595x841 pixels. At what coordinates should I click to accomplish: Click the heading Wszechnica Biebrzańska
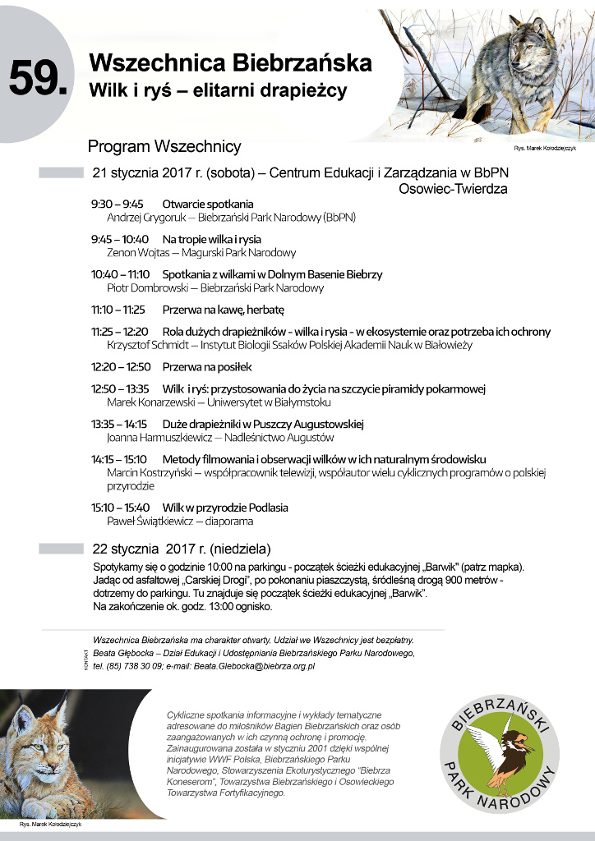point(230,63)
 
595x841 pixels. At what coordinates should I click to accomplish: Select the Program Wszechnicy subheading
point(164,147)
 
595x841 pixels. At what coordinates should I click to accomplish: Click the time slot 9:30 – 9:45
point(117,205)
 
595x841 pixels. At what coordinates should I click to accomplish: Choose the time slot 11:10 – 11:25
point(118,310)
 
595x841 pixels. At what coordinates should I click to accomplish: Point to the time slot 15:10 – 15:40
point(120,508)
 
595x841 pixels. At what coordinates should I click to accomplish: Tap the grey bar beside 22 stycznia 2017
point(61,548)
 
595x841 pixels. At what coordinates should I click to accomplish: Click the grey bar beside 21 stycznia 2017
point(61,172)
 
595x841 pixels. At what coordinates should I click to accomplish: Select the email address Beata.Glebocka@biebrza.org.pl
point(254,666)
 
